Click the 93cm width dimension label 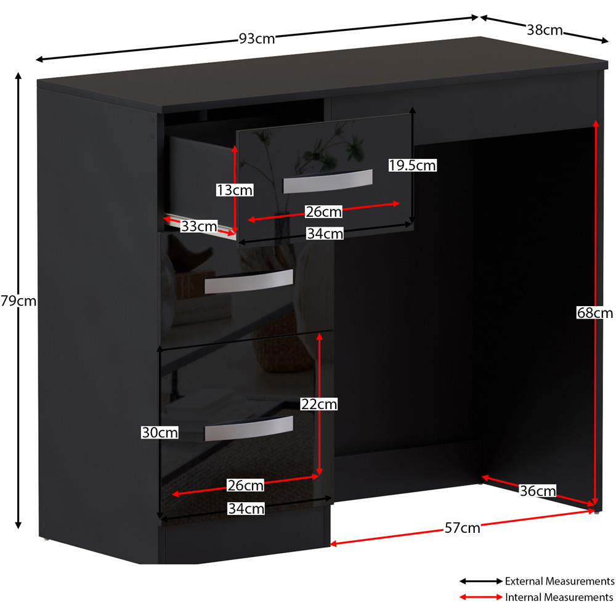[257, 38]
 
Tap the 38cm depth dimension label [545, 30]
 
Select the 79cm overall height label [18, 301]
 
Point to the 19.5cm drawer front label [412, 165]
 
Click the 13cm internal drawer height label [235, 190]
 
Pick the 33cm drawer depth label [199, 226]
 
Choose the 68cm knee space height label [595, 313]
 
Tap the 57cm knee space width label [463, 528]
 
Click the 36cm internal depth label [538, 491]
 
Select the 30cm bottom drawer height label [160, 432]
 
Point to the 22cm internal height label [319, 404]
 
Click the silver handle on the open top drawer [328, 181]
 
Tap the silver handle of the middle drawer [249, 282]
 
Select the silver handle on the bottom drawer [249, 428]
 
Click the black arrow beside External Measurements [481, 581]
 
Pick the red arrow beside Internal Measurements [481, 597]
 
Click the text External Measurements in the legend [560, 581]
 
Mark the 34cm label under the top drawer [325, 233]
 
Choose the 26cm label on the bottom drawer [246, 485]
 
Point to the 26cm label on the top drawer [324, 212]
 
